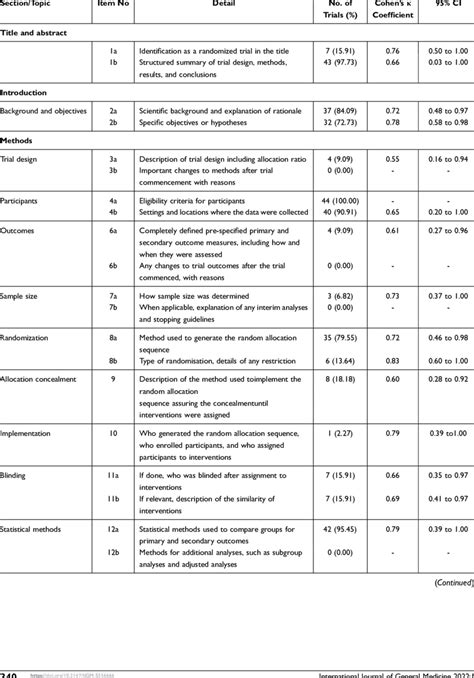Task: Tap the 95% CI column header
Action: click(442, 5)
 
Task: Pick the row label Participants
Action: click(22, 201)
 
